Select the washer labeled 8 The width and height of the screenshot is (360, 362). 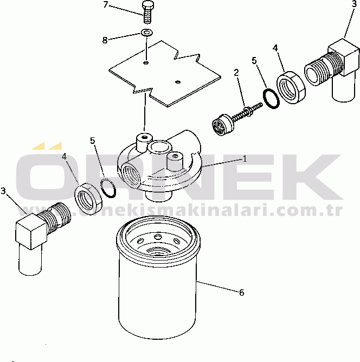pos(147,33)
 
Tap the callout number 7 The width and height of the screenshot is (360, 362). pos(106,4)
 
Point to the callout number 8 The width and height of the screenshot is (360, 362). pos(105,40)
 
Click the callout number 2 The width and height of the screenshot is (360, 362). pos(236,73)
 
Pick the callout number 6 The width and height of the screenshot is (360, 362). pos(241,293)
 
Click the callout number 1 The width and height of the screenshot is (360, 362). pos(245,159)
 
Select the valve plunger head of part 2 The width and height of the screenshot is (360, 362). pos(222,125)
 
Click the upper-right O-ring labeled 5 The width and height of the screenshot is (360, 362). pos(271,98)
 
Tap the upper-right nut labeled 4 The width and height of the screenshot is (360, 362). pos(291,87)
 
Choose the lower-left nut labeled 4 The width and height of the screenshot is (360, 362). pos(88,198)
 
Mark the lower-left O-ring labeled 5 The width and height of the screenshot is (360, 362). pos(108,187)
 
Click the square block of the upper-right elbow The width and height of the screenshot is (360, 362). pos(344,57)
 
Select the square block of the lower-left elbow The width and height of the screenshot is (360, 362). pos(31,231)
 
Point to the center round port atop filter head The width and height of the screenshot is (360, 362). pos(159,147)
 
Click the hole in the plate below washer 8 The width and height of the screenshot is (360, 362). pos(146,62)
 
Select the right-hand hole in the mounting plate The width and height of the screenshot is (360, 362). pos(178,82)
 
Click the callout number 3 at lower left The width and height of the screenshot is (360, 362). pos(3,191)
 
